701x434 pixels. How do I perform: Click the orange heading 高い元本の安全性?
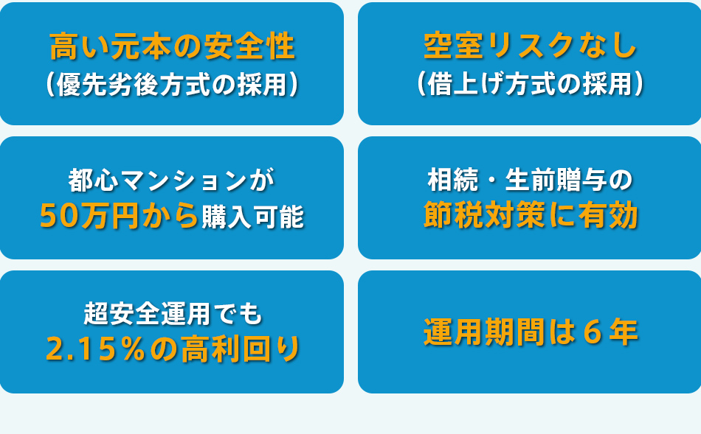(x=172, y=46)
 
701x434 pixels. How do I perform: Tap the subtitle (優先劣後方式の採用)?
(x=172, y=85)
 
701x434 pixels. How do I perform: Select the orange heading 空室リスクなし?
(x=530, y=46)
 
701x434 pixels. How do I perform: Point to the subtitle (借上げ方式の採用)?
(x=530, y=84)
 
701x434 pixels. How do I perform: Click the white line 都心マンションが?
(x=172, y=181)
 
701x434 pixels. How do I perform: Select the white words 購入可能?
(x=253, y=217)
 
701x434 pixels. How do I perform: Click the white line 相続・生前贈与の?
(x=531, y=180)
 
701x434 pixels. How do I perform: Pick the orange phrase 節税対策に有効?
(x=531, y=215)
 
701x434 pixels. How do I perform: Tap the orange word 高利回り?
(x=241, y=349)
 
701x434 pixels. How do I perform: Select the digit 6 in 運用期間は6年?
(x=593, y=332)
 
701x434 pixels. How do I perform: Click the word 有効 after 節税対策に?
(x=608, y=215)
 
